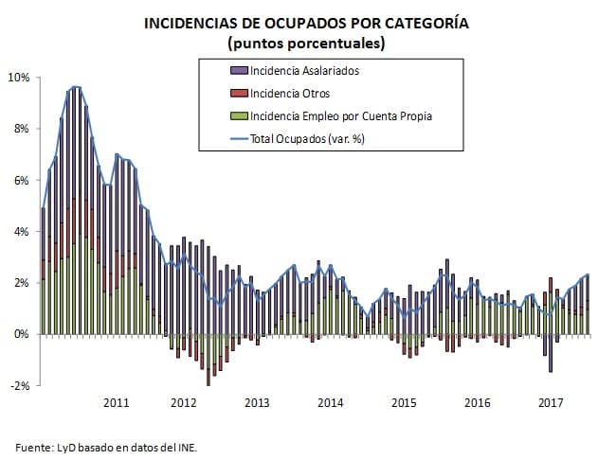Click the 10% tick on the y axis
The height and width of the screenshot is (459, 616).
point(19,77)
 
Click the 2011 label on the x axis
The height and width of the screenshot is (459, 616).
point(115,403)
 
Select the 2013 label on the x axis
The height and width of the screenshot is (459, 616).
point(256,403)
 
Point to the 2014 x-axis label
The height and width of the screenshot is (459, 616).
point(330,403)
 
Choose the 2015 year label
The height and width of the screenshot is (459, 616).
point(404,403)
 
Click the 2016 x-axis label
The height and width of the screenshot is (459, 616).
point(477,403)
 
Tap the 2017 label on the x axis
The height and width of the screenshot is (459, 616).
point(551,403)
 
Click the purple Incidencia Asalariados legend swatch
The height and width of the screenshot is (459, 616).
point(237,71)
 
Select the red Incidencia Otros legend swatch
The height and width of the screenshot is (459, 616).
point(237,94)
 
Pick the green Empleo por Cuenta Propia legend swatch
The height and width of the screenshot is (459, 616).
point(237,116)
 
